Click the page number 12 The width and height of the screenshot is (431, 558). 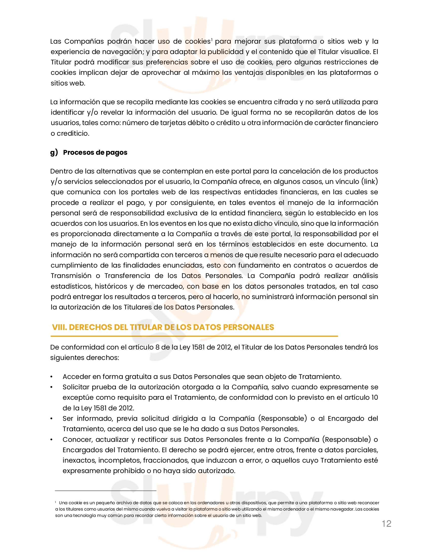click(386, 524)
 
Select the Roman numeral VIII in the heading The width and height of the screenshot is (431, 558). click(59, 327)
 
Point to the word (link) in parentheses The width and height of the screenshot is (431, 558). click(369, 182)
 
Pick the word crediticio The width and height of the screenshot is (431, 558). click(73, 133)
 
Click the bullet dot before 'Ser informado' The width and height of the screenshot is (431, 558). click(51, 419)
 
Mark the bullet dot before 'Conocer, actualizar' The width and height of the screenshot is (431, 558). click(51, 440)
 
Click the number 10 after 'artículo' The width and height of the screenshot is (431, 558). click(374, 397)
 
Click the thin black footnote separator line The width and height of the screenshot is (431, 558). click(105, 491)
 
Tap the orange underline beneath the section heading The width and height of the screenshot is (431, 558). click(194, 336)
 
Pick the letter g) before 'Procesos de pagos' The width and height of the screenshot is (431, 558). click(54, 152)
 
